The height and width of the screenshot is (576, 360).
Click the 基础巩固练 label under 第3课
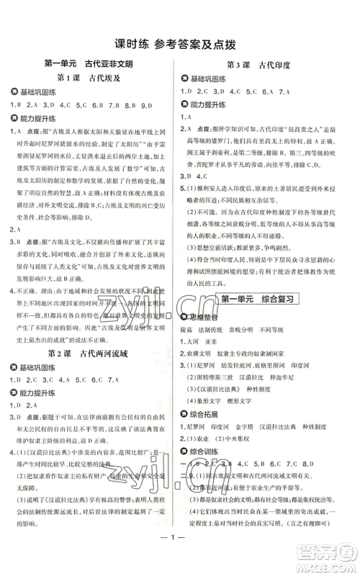208,78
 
